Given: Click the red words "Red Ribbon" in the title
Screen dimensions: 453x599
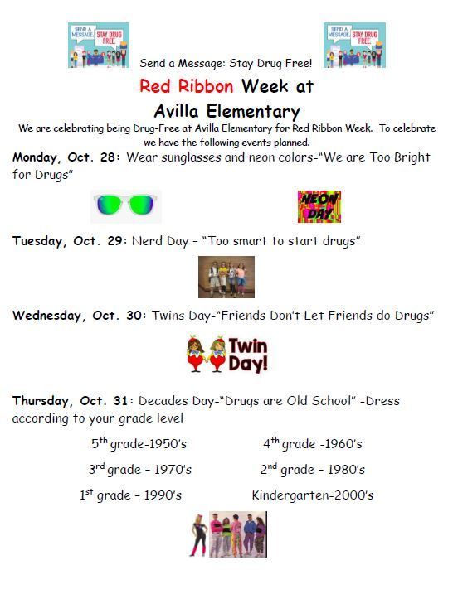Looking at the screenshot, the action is coord(187,86).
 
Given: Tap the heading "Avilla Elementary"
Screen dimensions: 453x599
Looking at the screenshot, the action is coord(226,112).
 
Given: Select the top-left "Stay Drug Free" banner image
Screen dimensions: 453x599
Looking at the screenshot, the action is coord(99,45).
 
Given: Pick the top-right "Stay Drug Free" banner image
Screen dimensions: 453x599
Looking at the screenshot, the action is coord(354,45).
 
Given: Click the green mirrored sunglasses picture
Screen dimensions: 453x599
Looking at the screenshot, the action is coord(126,206).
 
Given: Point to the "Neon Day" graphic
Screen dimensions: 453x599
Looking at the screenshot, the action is coord(319,206).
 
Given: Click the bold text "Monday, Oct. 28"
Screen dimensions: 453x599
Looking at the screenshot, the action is coord(64,157).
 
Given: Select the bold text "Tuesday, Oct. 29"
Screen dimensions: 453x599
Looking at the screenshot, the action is coord(67,241).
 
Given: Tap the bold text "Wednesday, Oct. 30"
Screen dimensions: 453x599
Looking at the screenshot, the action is coord(77,316).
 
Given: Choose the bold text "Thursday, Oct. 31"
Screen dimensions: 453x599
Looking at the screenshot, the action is coord(70,401).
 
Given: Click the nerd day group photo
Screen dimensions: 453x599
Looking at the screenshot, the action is coord(226,277).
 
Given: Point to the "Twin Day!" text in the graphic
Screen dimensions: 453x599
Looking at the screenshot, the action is coord(248,355).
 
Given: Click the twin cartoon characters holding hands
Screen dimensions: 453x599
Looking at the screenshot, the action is coord(207,354).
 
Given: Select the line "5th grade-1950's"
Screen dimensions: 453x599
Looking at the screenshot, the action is coord(139,443).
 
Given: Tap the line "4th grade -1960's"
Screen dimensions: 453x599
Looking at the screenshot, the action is coord(313,443).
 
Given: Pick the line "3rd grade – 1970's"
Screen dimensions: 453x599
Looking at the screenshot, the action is coord(140,469).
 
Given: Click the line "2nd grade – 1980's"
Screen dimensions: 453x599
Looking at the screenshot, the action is coord(313,469).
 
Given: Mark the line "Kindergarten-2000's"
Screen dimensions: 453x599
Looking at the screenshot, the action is coord(313,495).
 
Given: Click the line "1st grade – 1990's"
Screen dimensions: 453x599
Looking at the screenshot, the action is coord(130,495).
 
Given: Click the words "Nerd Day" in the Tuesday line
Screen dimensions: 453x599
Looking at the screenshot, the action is coord(160,241).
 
